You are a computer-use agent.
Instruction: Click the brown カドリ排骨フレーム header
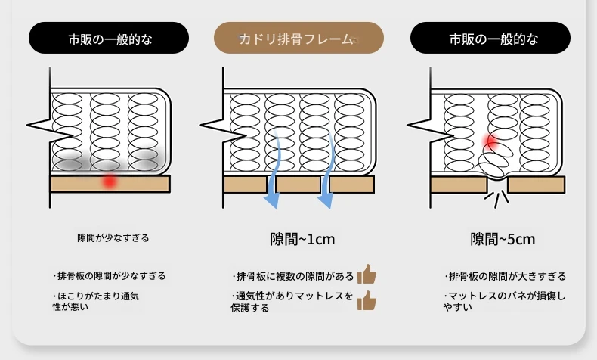pos(298,38)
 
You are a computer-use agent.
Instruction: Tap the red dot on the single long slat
pos(110,182)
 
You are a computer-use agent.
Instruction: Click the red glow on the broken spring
pos(491,141)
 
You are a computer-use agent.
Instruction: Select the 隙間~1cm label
pos(302,239)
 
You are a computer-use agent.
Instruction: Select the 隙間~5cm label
pos(503,239)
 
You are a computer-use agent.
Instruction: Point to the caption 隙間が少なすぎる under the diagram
pos(113,238)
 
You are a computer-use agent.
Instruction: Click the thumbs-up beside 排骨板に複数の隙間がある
pos(367,275)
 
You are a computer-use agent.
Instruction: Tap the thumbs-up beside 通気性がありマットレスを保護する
pos(367,300)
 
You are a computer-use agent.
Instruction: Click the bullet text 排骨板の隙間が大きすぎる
pos(505,276)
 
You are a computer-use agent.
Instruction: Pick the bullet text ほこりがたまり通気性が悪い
pos(95,301)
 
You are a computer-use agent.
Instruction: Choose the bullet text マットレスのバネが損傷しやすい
pos(504,301)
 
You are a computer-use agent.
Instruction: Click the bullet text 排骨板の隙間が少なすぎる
pos(110,276)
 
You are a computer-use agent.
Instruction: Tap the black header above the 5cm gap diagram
pos(490,38)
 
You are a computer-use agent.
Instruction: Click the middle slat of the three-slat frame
pos(298,185)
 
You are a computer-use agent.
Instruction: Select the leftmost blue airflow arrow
pos(275,169)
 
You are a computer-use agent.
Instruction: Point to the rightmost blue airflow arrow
pos(327,169)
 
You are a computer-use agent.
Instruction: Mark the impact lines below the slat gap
pos(496,199)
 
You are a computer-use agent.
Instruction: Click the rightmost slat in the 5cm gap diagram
pos(537,185)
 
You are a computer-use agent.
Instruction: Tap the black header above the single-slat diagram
pos(109,38)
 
